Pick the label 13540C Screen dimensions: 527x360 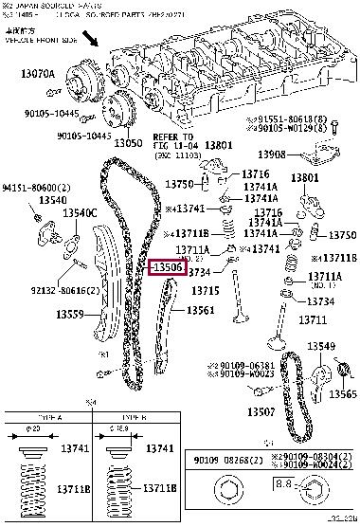coord(80,213)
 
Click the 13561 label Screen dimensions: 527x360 coord(199,309)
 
